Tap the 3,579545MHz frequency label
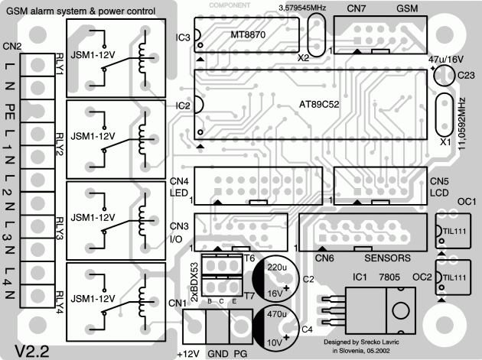pyautogui.click(x=302, y=6)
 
